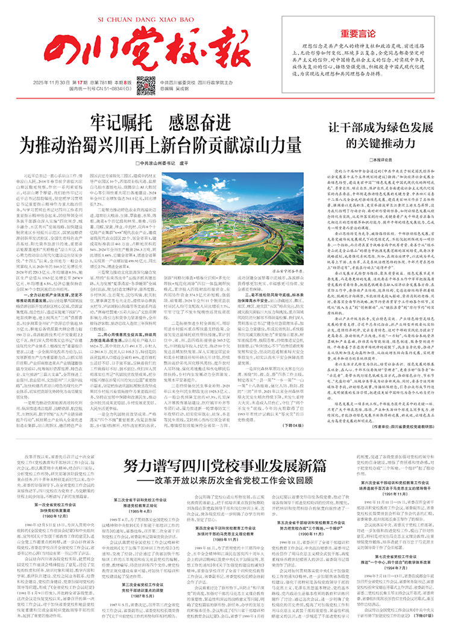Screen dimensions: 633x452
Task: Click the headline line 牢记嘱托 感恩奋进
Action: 161,121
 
